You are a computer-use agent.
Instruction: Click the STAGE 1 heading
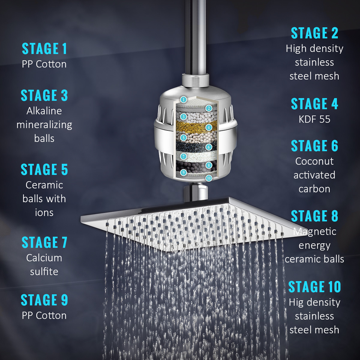[x=44, y=49]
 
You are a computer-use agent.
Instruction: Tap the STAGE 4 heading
[x=314, y=104]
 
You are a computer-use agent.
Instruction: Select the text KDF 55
[x=314, y=119]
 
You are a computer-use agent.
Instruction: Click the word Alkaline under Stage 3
[x=44, y=111]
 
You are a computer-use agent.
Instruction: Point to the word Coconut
[x=314, y=161]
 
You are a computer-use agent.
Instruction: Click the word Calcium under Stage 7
[x=44, y=258]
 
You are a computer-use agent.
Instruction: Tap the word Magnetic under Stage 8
[x=314, y=232]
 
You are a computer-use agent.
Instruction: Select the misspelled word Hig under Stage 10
[x=296, y=302]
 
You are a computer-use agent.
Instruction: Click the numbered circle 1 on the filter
[x=183, y=100]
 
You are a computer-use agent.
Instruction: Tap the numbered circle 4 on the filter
[x=209, y=127]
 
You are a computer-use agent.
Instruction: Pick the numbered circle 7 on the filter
[x=183, y=157]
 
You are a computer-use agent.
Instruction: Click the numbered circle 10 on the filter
[x=209, y=178]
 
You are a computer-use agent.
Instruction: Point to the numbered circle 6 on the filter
[x=209, y=147]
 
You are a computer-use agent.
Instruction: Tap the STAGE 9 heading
[x=44, y=300]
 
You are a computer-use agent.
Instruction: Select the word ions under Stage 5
[x=44, y=213]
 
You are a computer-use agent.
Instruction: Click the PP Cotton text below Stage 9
[x=44, y=316]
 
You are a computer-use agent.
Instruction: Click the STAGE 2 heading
[x=314, y=33]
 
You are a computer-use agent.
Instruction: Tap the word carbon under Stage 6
[x=314, y=189]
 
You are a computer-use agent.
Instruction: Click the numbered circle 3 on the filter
[x=183, y=116]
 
